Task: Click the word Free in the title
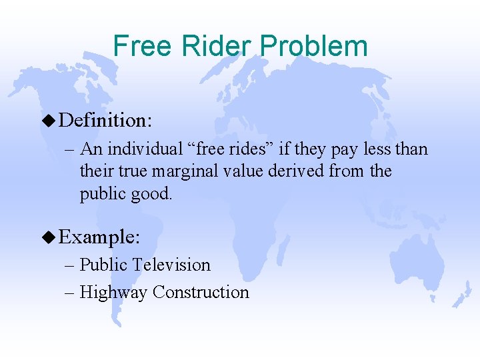pyautogui.click(x=139, y=46)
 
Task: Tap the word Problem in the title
pyautogui.click(x=314, y=46)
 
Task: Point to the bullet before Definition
pyautogui.click(x=49, y=121)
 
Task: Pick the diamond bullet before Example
pyautogui.click(x=49, y=237)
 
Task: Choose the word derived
pyautogui.click(x=296, y=171)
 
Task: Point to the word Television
pyautogui.click(x=171, y=265)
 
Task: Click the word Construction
pyautogui.click(x=201, y=292)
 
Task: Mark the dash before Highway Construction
pyautogui.click(x=71, y=292)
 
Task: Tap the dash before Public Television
pyautogui.click(x=71, y=265)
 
